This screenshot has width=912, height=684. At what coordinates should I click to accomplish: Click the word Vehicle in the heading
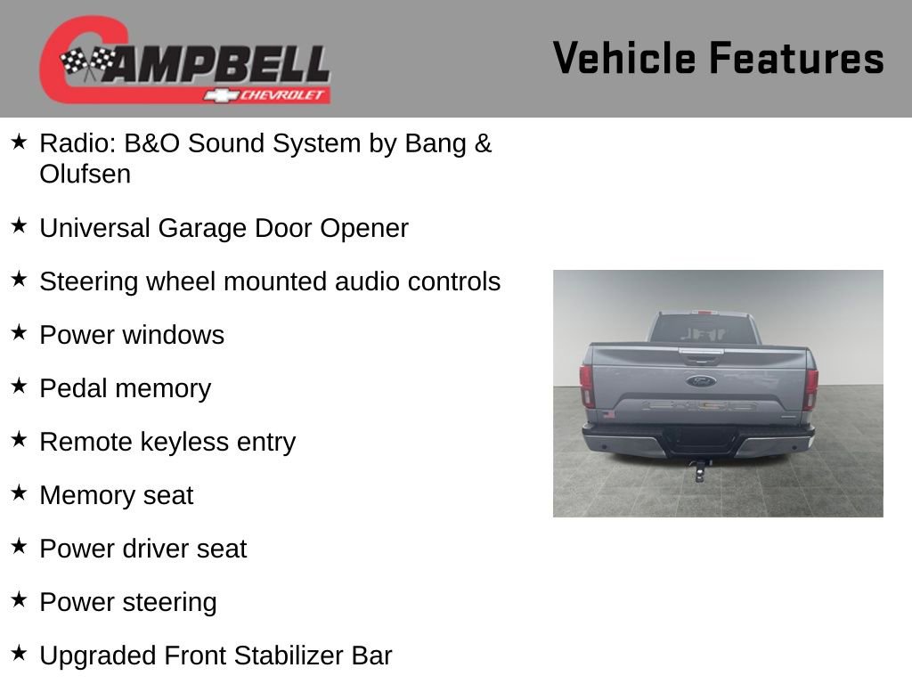tap(624, 58)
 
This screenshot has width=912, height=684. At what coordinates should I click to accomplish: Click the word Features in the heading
tap(797, 58)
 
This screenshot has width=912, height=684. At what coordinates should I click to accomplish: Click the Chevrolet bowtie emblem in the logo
tap(221, 95)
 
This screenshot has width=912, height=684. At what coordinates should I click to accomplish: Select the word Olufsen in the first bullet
tap(85, 174)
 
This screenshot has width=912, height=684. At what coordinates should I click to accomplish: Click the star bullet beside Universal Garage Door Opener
tap(19, 225)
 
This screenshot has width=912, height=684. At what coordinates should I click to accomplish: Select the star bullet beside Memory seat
tap(19, 493)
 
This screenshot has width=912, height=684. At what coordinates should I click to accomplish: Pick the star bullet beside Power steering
tap(19, 599)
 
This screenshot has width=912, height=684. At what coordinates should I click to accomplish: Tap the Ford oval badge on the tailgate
tap(701, 381)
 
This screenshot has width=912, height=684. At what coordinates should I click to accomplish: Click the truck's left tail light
tap(586, 385)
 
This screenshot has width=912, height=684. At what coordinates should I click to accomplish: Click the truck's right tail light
tap(810, 389)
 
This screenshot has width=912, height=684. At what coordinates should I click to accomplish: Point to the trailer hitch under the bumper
tap(700, 470)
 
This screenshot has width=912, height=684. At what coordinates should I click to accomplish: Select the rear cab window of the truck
tap(703, 330)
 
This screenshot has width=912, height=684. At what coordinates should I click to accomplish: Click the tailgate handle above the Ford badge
tap(702, 354)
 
